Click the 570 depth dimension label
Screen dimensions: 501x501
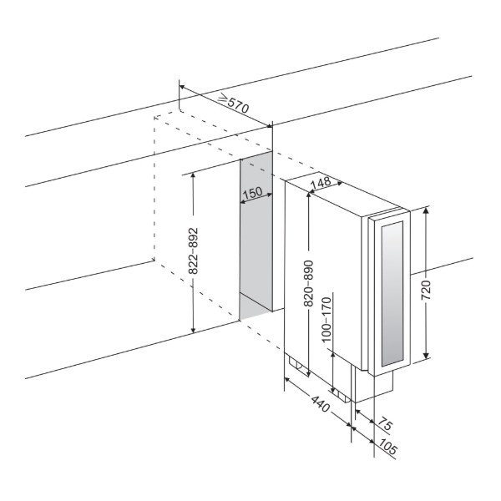[238, 104]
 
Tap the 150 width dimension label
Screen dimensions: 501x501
[253, 193]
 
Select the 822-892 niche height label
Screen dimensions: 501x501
[194, 250]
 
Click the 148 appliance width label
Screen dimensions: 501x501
[321, 184]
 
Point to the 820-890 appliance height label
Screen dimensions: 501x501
[309, 283]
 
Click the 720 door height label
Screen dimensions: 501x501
[426, 290]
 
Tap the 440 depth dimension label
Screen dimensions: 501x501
[320, 404]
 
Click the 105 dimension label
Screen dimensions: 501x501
[388, 447]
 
